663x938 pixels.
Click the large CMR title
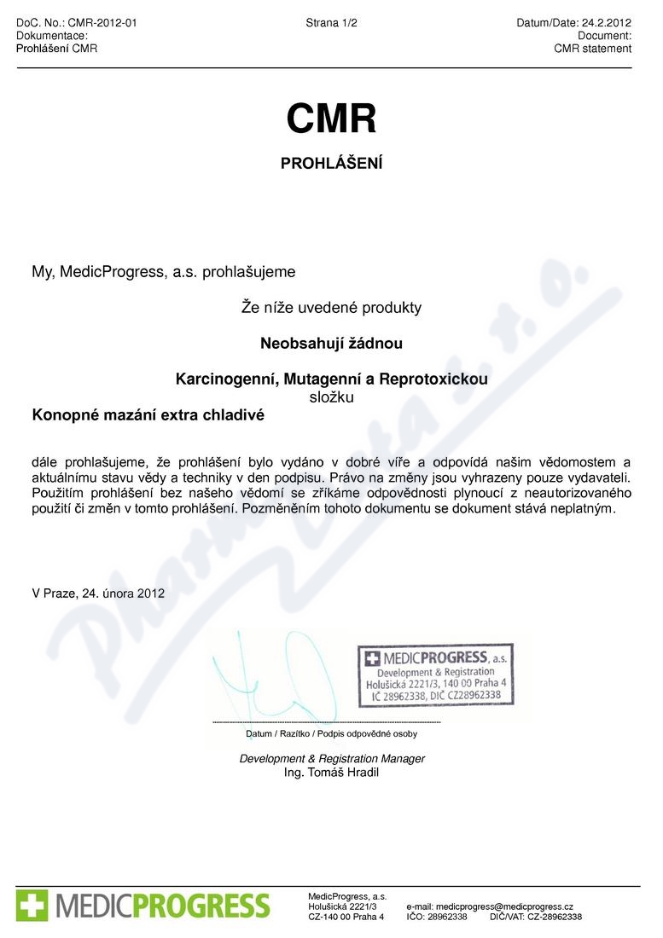pos(331,119)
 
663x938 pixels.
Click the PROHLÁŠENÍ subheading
pos(331,163)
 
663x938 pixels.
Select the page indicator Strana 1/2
pos(331,23)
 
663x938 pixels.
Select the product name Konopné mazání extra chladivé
pos(148,416)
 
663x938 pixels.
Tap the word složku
pos(331,397)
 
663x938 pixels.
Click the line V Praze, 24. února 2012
pos(97,593)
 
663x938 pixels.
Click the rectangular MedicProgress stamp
pos(435,676)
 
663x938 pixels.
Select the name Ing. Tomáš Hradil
pos(331,773)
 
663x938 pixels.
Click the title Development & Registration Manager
pos(332,758)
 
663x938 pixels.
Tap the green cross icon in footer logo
pos(32,905)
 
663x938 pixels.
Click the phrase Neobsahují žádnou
pos(331,344)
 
